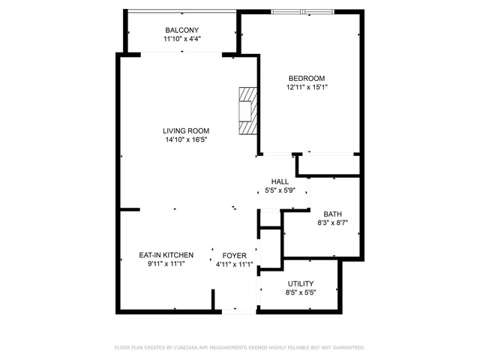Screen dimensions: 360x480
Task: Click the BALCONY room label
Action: pyautogui.click(x=181, y=30)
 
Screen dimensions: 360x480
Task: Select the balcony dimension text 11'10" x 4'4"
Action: pyautogui.click(x=181, y=39)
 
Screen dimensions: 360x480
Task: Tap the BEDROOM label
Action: pyautogui.click(x=307, y=79)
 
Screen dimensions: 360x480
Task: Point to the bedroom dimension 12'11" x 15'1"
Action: pyautogui.click(x=307, y=88)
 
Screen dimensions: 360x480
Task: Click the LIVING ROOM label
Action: pyautogui.click(x=186, y=130)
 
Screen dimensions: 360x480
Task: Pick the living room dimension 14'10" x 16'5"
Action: pyautogui.click(x=186, y=139)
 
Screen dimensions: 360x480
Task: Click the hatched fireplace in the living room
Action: pyautogui.click(x=247, y=111)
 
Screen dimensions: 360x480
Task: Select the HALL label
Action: pyautogui.click(x=280, y=181)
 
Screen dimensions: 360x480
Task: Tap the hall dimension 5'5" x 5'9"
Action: pyautogui.click(x=280, y=190)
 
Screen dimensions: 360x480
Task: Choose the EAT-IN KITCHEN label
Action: pyautogui.click(x=166, y=256)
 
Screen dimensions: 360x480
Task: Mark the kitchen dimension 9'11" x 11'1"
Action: pyautogui.click(x=166, y=265)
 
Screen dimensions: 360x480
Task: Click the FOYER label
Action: pyautogui.click(x=234, y=256)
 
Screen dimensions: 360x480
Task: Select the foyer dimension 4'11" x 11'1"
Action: pyautogui.click(x=234, y=265)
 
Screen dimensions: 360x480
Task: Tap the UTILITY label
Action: pyautogui.click(x=301, y=283)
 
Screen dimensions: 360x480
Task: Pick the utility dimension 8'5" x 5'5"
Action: pyautogui.click(x=301, y=292)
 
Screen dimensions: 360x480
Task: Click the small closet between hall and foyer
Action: pyautogui.click(x=269, y=219)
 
